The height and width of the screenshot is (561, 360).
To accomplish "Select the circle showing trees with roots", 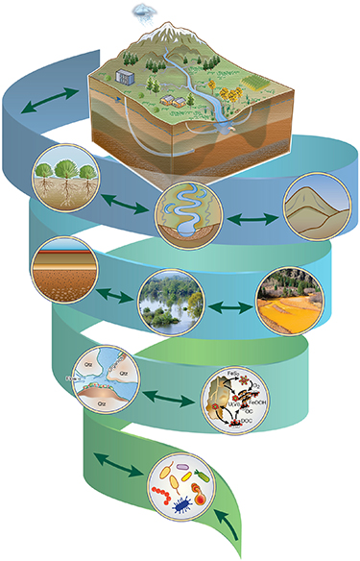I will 64,179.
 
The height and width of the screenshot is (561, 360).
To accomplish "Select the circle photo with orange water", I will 288,297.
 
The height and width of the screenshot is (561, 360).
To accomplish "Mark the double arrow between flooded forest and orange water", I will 228,306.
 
